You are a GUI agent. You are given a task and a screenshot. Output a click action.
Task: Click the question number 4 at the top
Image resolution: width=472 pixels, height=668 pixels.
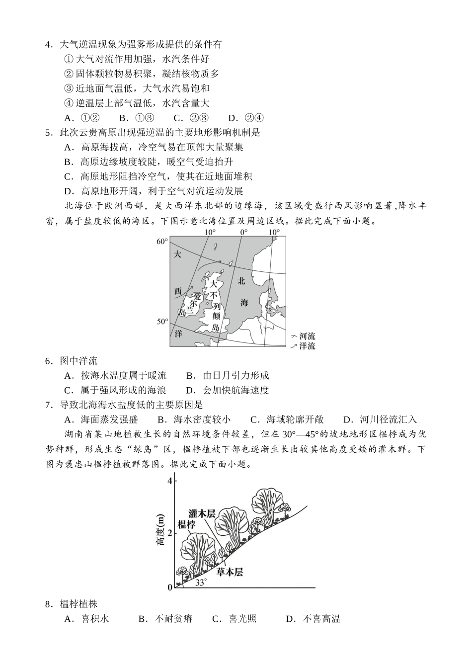[48, 45]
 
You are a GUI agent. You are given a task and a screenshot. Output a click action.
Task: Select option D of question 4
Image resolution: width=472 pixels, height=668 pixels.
[246, 118]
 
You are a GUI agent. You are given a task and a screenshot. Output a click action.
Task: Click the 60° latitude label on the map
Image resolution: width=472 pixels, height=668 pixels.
[162, 242]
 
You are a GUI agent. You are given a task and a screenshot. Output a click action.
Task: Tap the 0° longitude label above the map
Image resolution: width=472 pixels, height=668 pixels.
[243, 232]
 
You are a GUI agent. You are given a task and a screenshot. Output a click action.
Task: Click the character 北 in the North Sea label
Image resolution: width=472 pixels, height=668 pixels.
[241, 281]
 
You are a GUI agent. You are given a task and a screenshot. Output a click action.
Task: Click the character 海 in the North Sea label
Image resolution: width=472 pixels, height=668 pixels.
[244, 303]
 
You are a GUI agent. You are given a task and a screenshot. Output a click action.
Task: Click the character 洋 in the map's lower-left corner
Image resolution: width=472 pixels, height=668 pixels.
[178, 334]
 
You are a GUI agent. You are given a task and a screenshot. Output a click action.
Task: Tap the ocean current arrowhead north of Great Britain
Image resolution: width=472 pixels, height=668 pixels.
[220, 260]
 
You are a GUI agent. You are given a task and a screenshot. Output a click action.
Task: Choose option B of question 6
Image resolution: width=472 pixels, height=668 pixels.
[227, 376]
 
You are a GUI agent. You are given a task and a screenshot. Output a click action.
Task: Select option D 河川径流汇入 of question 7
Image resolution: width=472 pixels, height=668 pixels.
[380, 405]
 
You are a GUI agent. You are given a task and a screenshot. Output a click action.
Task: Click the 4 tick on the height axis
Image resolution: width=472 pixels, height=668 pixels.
[170, 481]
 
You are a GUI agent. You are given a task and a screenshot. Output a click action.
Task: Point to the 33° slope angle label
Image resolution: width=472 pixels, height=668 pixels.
[200, 583]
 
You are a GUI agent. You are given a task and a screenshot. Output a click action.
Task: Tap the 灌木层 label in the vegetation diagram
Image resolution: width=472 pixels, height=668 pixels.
[202, 513]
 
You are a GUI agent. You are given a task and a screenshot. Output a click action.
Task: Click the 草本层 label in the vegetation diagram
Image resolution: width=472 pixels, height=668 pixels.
[230, 572]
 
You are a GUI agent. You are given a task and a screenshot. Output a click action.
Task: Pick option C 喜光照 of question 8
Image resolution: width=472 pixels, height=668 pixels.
[235, 619]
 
